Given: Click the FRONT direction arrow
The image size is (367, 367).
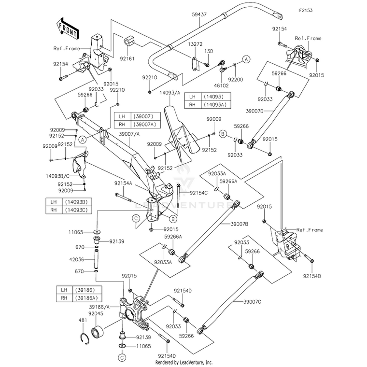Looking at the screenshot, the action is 67,28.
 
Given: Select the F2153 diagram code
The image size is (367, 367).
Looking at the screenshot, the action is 306,10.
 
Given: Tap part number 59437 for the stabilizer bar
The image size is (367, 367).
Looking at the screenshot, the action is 199,14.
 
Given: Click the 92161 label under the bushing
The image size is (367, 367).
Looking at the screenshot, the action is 127,58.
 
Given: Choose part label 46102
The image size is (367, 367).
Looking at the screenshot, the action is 222,85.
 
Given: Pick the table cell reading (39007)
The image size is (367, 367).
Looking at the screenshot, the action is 145,116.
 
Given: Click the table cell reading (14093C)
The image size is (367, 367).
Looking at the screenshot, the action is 76,210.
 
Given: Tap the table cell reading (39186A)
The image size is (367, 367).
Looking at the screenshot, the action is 87,298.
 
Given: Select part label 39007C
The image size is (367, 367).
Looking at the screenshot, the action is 252,302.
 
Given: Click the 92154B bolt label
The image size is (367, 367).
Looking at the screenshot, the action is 312,276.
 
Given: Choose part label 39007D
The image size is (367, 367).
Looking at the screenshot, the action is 255,111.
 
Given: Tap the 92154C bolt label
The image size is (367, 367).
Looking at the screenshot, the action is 199,193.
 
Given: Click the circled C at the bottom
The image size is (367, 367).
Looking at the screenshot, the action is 122,357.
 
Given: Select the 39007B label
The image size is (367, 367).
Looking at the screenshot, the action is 240,224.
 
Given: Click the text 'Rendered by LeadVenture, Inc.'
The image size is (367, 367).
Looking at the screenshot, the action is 183,363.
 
